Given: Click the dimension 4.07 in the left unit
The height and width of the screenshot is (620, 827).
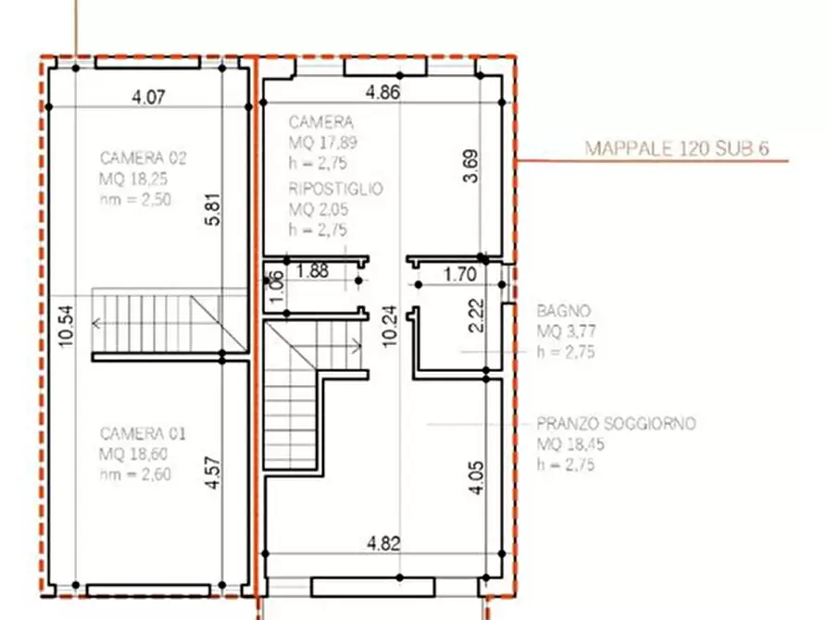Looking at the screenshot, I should tap(148, 96).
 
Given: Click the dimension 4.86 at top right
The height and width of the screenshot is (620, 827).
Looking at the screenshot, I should tap(382, 92).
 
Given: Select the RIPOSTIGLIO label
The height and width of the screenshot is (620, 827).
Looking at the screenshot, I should tap(335, 188).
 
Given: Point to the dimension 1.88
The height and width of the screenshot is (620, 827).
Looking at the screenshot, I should tap(312, 271).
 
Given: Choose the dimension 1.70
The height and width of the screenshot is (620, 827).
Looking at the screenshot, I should tap(459, 274).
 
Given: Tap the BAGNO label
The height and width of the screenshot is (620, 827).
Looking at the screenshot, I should tap(563, 312).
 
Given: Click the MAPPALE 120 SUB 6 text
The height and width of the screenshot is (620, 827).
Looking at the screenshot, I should tap(678, 148).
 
